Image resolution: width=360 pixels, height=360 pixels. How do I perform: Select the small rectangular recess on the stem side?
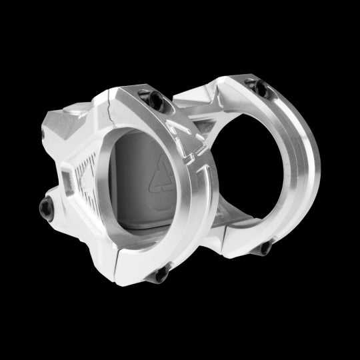67,179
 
